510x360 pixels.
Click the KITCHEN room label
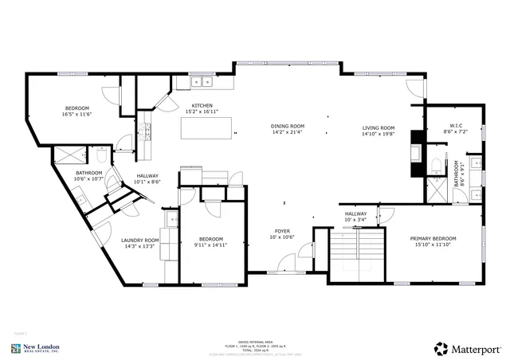coord(202,106)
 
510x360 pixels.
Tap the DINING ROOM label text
coord(287,127)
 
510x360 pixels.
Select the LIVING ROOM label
coord(379,127)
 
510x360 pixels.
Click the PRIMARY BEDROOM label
coord(433,239)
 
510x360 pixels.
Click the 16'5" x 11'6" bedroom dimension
coord(76,115)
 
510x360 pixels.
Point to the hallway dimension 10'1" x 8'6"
coord(147,182)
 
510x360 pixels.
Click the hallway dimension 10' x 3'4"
coord(356,220)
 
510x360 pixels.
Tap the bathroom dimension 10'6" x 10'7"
coord(88,179)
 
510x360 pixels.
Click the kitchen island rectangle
coord(210,127)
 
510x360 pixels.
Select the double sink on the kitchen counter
coord(202,80)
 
